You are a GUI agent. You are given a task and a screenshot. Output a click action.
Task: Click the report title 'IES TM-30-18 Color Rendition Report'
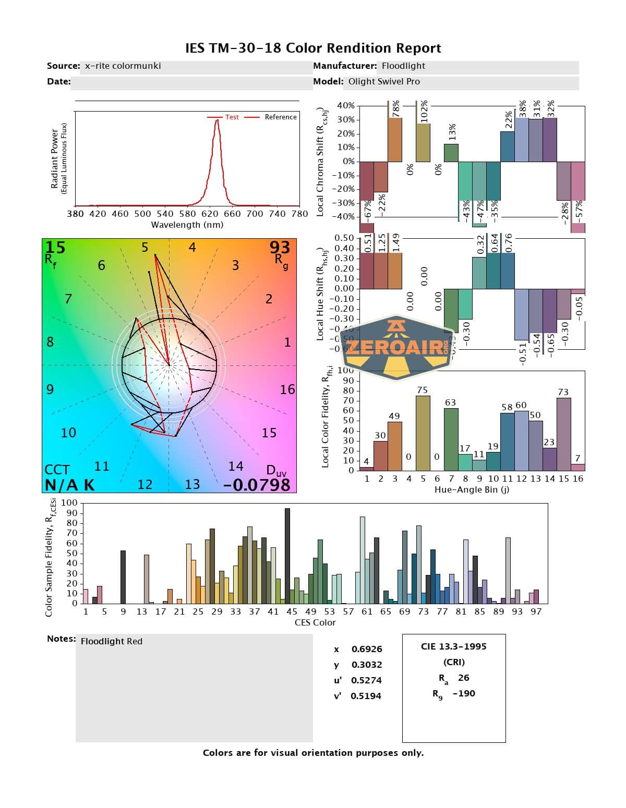tap(313, 48)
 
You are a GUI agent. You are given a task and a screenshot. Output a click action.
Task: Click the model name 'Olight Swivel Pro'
tap(384, 81)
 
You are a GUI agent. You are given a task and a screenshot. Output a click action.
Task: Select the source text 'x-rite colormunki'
tap(123, 66)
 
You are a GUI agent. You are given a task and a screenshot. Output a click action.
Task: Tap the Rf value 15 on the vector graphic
tap(55, 247)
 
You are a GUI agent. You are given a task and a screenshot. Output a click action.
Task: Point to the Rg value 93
tap(280, 247)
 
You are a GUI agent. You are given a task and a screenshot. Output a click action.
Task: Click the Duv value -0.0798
tap(257, 485)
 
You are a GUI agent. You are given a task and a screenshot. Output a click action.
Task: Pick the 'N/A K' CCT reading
tap(69, 485)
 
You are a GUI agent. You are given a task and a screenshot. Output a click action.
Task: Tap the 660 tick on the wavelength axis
tap(232, 213)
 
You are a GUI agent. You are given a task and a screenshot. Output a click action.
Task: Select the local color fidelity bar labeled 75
tap(423, 433)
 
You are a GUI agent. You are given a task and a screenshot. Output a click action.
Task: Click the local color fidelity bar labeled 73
tap(563, 434)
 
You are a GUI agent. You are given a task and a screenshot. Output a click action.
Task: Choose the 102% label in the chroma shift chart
tap(424, 112)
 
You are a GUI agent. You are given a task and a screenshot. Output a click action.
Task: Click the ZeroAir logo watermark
tap(396, 347)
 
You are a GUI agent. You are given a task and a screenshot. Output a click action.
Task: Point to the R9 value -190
tap(464, 693)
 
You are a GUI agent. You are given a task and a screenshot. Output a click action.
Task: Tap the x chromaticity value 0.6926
tap(367, 649)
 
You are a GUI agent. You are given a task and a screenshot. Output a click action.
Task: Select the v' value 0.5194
tap(366, 696)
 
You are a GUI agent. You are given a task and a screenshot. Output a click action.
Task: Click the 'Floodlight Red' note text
tap(112, 641)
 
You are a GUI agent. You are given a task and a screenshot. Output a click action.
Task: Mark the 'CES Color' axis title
tap(315, 622)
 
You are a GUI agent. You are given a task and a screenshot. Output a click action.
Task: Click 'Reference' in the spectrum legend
tap(281, 117)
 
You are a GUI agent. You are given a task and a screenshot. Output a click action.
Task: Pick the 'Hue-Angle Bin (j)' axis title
tap(472, 489)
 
